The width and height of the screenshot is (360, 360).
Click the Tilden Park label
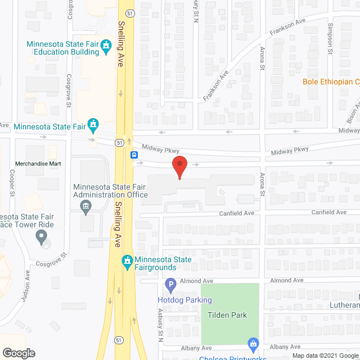click(x=227, y=315)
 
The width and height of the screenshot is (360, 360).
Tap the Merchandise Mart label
click(x=38, y=164)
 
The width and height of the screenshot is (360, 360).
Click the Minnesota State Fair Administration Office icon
click(x=85, y=207)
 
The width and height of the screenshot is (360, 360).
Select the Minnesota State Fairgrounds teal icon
click(x=128, y=261)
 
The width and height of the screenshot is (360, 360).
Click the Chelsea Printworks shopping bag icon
click(x=253, y=343)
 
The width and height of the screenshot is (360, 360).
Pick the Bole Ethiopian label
click(x=331, y=82)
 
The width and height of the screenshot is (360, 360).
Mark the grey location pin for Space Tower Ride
click(x=41, y=237)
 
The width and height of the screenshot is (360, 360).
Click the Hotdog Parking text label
click(x=184, y=300)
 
